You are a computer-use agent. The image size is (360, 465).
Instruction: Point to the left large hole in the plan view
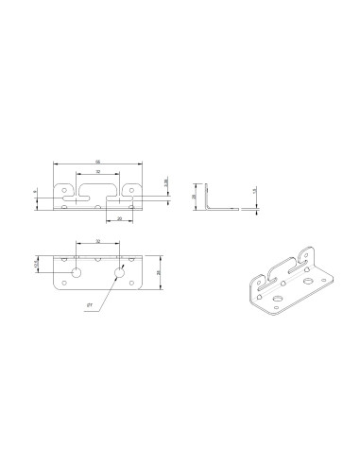(77, 272)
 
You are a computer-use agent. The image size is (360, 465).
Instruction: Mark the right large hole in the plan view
(120, 272)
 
